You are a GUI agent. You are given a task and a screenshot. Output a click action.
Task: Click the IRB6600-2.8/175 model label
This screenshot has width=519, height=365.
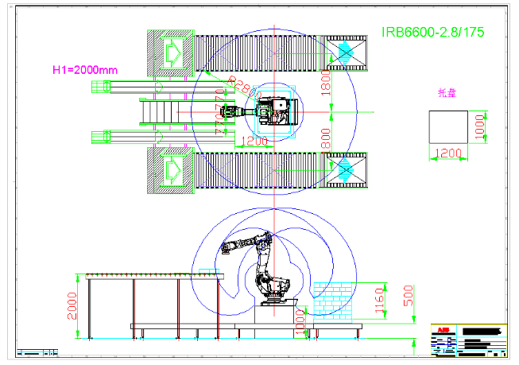[433, 33]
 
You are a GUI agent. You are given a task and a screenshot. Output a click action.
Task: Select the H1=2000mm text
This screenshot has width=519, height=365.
[84, 70]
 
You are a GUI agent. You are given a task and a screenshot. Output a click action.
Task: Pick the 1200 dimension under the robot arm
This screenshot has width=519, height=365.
[254, 142]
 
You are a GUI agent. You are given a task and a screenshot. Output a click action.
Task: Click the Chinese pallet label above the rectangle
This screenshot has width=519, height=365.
[447, 93]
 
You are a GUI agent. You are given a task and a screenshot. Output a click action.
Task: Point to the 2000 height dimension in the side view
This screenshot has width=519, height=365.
[72, 305]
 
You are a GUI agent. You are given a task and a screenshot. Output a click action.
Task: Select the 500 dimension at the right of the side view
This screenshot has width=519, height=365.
[408, 297]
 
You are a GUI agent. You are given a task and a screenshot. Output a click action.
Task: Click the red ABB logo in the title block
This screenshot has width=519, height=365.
[440, 329]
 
